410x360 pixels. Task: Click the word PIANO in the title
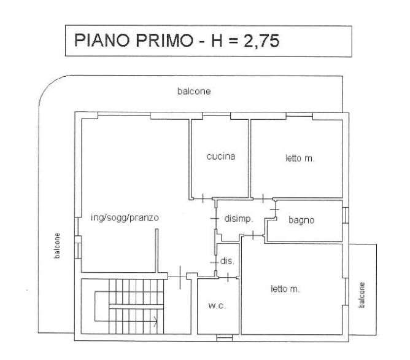click(102, 41)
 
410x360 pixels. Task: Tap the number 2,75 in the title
click(261, 41)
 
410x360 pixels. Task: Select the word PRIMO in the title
click(164, 41)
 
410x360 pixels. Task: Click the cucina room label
click(221, 157)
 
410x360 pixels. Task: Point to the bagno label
click(301, 221)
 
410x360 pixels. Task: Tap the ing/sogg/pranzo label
click(125, 218)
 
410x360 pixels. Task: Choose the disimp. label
click(239, 219)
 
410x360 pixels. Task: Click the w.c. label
click(217, 305)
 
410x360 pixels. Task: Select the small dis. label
click(227, 261)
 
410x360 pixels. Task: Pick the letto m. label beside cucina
click(300, 158)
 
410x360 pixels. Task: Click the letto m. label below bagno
click(285, 289)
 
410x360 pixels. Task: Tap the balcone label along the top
click(194, 92)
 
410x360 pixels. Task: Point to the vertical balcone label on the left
click(57, 246)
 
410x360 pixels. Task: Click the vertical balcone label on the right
click(362, 295)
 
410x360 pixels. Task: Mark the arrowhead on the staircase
click(155, 321)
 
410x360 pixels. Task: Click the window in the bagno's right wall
click(346, 215)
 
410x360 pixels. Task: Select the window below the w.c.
click(225, 338)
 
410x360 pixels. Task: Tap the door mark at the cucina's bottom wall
click(203, 198)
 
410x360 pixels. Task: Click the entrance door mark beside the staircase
click(180, 277)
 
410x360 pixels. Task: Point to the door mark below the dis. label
click(228, 277)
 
